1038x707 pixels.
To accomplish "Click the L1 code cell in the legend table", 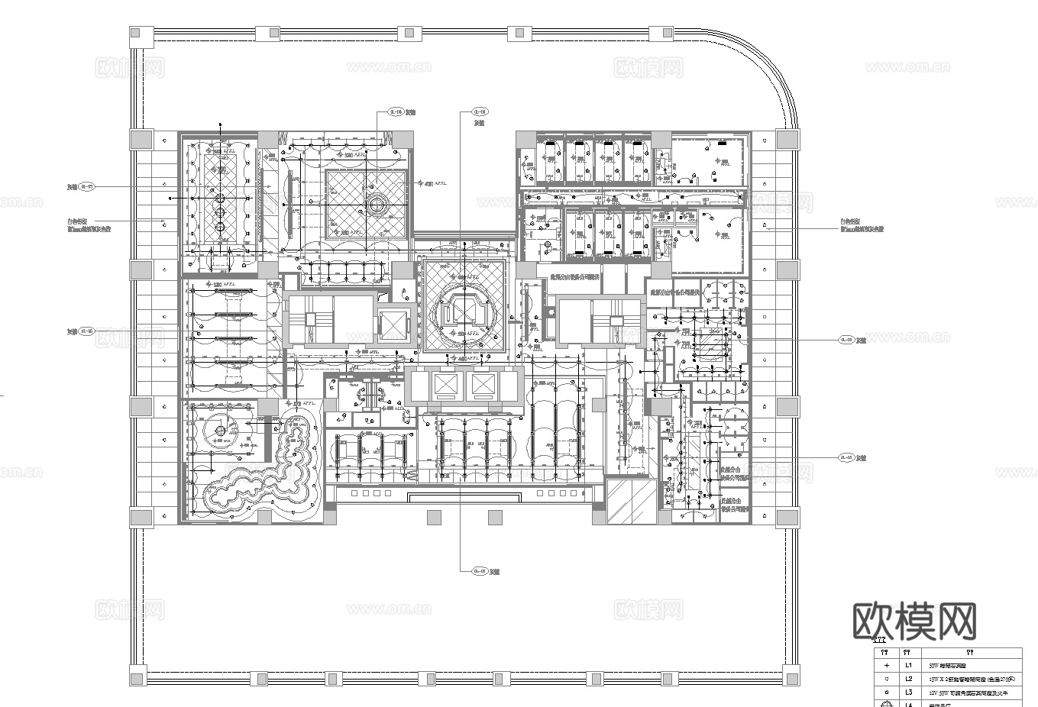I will [908, 665].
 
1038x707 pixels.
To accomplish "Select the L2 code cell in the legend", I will [908, 679].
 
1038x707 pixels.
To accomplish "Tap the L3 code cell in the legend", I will [908, 692].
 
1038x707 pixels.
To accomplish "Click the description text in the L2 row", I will [970, 679].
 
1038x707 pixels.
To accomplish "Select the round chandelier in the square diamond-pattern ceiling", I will [376, 205].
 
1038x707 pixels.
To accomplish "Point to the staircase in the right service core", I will [613, 321].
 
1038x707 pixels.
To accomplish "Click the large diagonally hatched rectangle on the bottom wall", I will [630, 500].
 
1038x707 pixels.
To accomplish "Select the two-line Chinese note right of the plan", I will [862, 224].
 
